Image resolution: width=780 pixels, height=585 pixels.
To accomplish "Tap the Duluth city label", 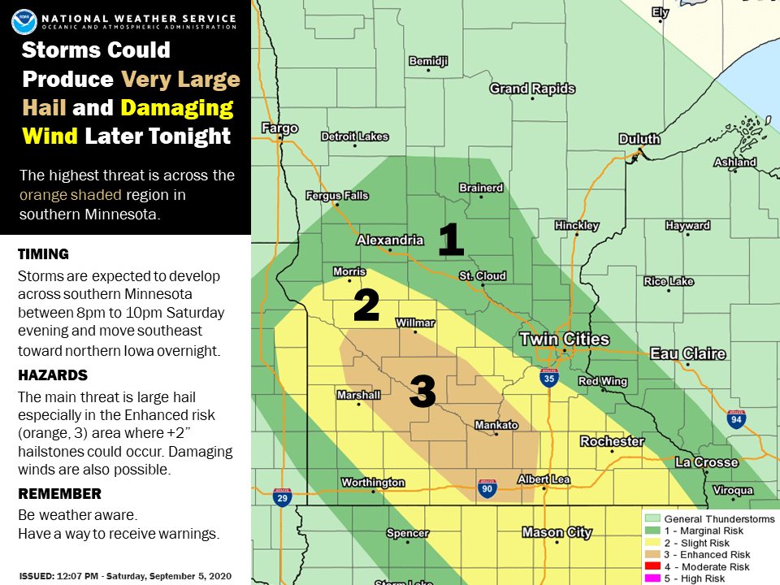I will coord(639,139).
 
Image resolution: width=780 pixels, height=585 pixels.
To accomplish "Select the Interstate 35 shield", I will coord(549,376).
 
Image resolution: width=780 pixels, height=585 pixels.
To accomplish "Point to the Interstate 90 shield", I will coord(487,487).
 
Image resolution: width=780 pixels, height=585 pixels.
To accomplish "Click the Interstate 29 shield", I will coord(282,496).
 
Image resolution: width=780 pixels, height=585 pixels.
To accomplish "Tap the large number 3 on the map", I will coord(422,392).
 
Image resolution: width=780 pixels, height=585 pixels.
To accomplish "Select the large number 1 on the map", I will coord(451,240).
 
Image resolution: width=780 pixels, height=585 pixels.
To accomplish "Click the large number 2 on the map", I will coord(366,305).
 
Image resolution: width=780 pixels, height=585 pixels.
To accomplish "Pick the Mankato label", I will coord(496,425).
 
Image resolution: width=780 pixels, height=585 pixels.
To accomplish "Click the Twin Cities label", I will coord(564,339).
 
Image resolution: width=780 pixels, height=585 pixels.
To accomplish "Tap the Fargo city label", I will coord(279,128).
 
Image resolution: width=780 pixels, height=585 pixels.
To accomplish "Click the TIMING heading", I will coord(43,254).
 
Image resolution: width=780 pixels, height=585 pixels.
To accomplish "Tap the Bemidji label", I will coord(428,62).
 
